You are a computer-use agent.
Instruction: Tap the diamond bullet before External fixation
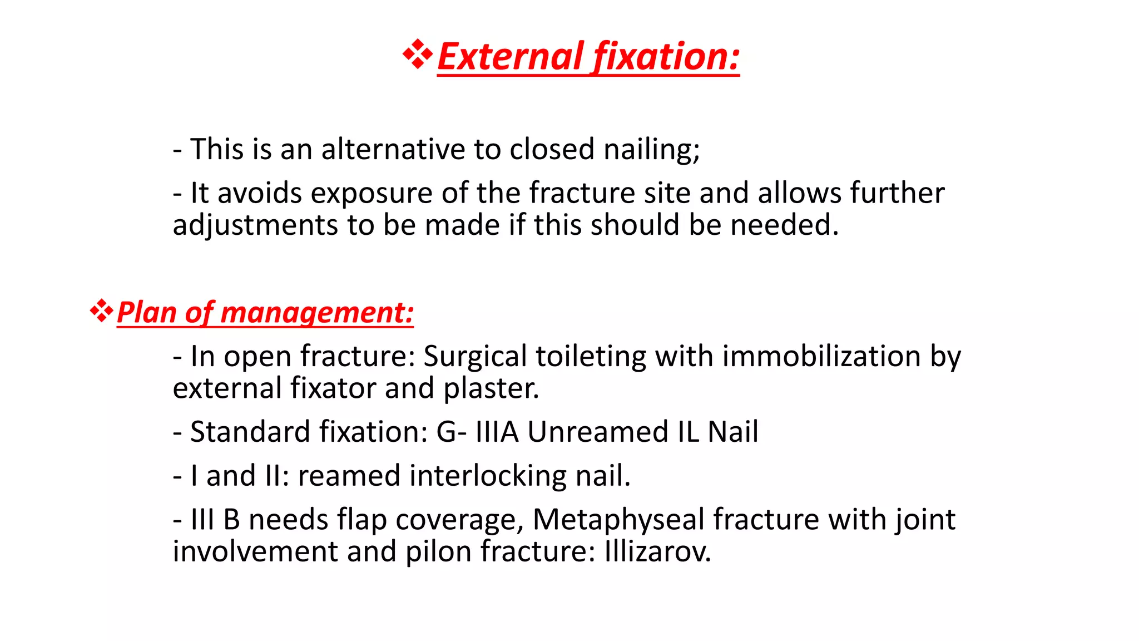pos(418,55)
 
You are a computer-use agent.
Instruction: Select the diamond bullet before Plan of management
pos(101,310)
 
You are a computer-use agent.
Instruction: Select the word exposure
pos(372,193)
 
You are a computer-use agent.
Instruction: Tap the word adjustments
pos(255,225)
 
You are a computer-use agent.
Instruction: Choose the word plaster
pos(491,388)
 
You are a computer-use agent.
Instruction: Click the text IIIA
pos(497,432)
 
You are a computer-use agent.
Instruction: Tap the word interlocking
pos(432,476)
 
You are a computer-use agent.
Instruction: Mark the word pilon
pos(438,552)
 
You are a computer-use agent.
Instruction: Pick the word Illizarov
pos(657,552)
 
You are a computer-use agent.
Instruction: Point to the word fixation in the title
pos(666,57)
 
